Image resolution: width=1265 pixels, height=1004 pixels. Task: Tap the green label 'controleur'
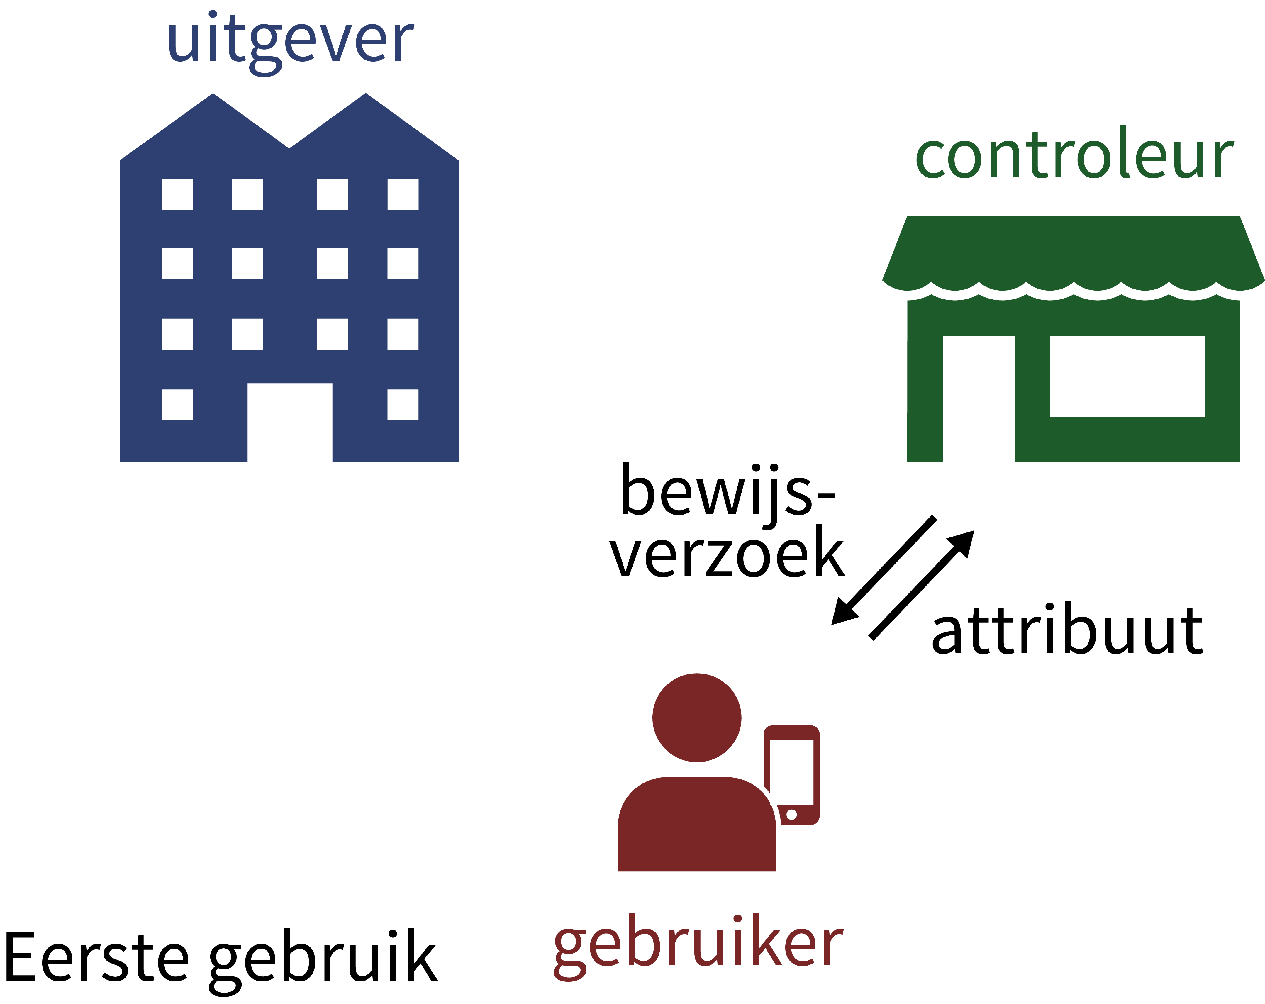[1074, 155]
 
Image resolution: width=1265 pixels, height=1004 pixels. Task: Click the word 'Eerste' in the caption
[97, 956]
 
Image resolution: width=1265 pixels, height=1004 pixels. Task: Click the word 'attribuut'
[1067, 631]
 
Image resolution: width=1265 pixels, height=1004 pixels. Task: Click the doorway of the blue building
[290, 423]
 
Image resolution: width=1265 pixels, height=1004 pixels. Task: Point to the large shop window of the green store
[1127, 376]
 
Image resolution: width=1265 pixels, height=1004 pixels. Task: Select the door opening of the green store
[978, 399]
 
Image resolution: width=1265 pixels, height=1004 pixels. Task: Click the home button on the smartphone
[791, 815]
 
